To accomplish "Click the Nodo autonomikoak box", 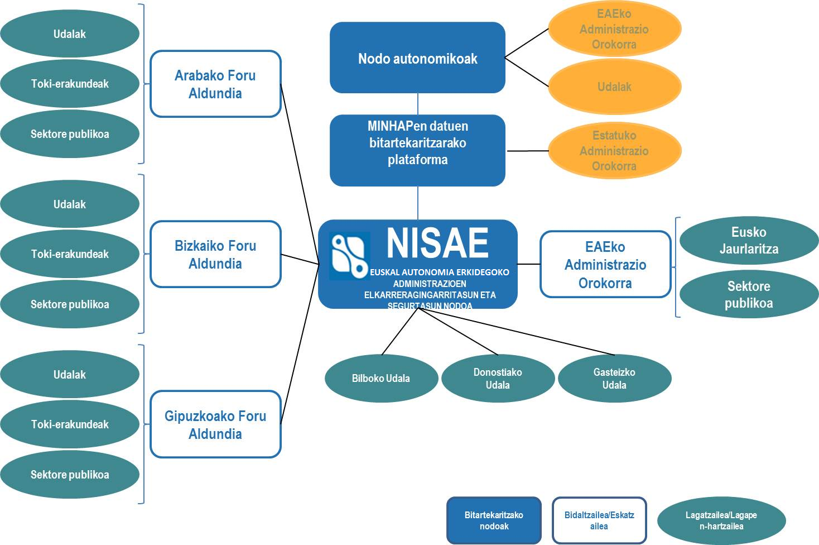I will pyautogui.click(x=417, y=58).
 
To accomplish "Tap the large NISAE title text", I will pyautogui.click(x=437, y=243).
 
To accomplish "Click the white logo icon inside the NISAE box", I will pyautogui.click(x=349, y=256).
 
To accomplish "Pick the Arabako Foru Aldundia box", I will pyautogui.click(x=215, y=84).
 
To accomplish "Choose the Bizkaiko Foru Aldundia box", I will pyautogui.click(x=215, y=255).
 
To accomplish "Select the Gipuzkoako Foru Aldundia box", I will pyautogui.click(x=215, y=424).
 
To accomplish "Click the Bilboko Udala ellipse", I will pyautogui.click(x=381, y=378).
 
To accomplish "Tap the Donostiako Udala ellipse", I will pyautogui.click(x=498, y=378).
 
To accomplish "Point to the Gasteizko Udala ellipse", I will pyautogui.click(x=614, y=378).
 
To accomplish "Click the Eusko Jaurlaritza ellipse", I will pyautogui.click(x=749, y=241).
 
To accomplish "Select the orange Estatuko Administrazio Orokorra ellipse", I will pyautogui.click(x=614, y=151).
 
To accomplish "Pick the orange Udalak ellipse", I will pyautogui.click(x=614, y=87).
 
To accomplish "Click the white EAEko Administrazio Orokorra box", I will pyautogui.click(x=605, y=265).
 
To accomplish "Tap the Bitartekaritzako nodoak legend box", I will pyautogui.click(x=494, y=520).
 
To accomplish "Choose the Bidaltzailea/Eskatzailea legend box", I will pyautogui.click(x=599, y=520).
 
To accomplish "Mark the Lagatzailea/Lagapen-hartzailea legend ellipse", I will pyautogui.click(x=721, y=520).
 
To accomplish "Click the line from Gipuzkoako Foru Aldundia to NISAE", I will pyautogui.click(x=300, y=344).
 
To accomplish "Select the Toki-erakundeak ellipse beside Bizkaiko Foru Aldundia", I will pyautogui.click(x=70, y=254).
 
